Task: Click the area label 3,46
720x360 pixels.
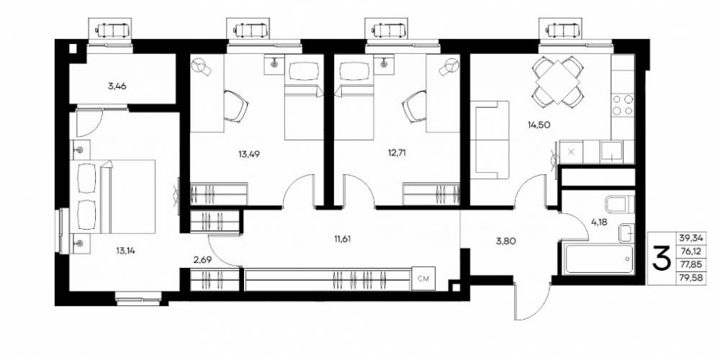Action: [x=117, y=86]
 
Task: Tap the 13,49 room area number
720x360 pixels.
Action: [x=249, y=154]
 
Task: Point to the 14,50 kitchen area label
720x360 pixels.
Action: [x=539, y=124]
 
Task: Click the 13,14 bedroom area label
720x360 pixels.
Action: [x=127, y=251]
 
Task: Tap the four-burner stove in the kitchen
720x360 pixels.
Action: [x=623, y=104]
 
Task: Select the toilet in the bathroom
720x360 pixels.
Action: [x=619, y=204]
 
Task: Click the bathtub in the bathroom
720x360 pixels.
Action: [x=598, y=259]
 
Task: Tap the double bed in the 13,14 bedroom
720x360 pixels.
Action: [x=112, y=197]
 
